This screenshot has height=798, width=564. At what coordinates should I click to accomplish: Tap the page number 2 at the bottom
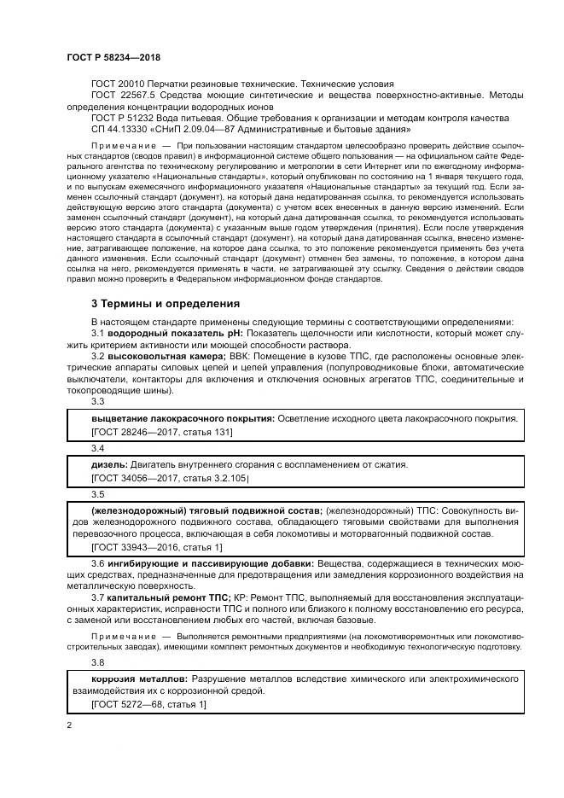click(69, 725)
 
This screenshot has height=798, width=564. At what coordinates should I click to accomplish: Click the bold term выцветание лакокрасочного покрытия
click(182, 419)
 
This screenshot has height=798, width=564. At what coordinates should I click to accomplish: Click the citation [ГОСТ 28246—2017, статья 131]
click(161, 433)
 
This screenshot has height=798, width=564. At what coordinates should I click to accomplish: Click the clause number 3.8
click(97, 661)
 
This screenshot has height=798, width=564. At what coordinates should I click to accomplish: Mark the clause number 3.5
click(97, 493)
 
